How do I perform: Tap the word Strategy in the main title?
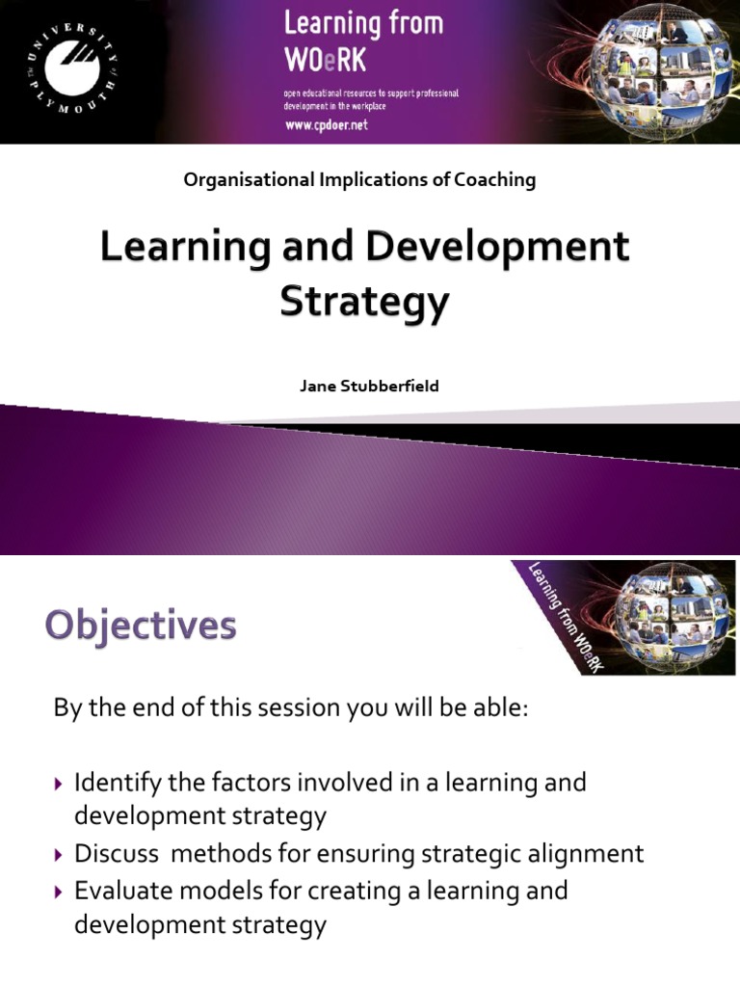[364, 302]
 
